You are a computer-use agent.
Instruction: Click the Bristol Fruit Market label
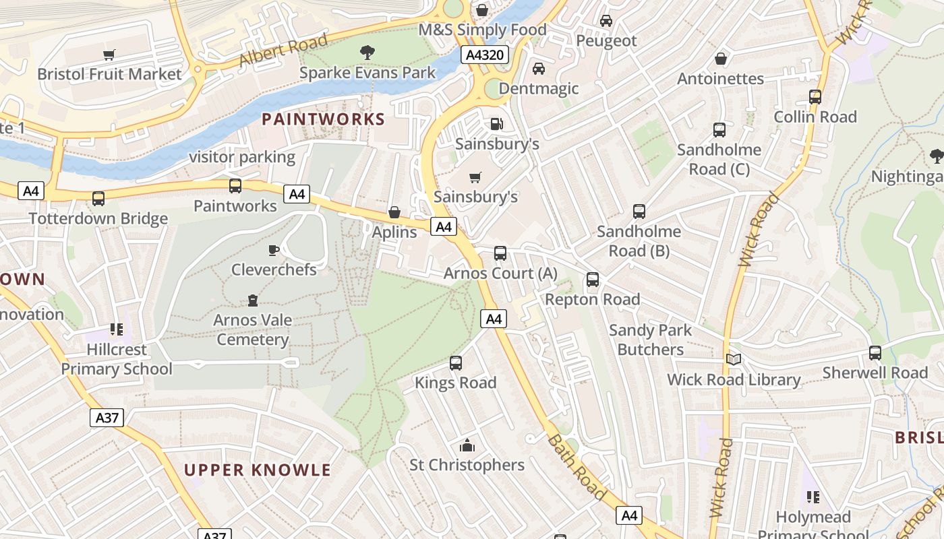tap(109, 74)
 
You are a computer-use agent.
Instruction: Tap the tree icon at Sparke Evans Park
tap(367, 52)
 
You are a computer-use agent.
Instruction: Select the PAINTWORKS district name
tap(323, 120)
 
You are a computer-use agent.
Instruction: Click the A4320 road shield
tap(484, 55)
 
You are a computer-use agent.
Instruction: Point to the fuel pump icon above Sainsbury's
tap(496, 124)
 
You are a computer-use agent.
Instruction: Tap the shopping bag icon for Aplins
tap(394, 213)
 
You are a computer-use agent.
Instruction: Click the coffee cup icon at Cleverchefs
tap(273, 251)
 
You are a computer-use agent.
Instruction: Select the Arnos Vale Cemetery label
tap(253, 329)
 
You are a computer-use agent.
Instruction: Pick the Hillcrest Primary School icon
tap(117, 329)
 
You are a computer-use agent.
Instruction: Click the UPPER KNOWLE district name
tap(258, 470)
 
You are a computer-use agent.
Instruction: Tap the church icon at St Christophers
tap(467, 445)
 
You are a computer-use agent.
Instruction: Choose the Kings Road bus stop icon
tap(456, 363)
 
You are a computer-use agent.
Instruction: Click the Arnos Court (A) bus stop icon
tap(500, 253)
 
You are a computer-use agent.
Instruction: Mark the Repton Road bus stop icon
tap(593, 279)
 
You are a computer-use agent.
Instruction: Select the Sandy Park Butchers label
tap(650, 340)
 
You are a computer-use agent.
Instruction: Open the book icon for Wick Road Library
tap(734, 359)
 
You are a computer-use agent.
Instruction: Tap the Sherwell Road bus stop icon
tap(875, 352)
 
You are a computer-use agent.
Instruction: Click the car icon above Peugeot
tap(606, 21)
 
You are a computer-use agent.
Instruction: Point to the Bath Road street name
tap(577, 468)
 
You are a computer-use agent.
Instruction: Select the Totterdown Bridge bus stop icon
tap(98, 199)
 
